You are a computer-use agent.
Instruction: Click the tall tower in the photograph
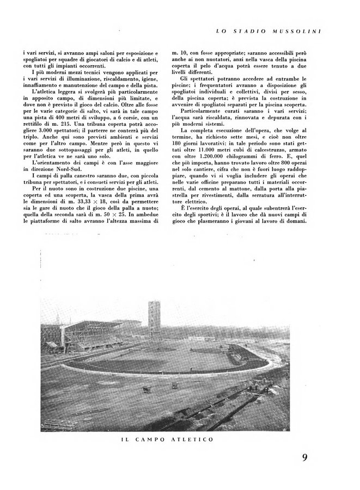click(x=154, y=322)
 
